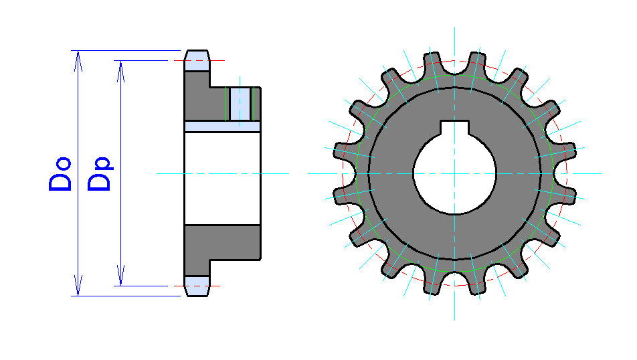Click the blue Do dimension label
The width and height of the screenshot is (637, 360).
60,175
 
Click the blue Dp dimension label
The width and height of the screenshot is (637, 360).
100,175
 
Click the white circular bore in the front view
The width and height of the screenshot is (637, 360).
454,173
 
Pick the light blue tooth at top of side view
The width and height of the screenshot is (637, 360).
197,61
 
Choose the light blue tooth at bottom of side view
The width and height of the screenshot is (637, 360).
197,285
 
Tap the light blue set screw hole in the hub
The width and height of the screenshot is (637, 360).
240,104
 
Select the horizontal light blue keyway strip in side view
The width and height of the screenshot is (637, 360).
221,126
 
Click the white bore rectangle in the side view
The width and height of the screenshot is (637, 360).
221,178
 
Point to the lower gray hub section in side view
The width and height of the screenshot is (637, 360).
221,242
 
